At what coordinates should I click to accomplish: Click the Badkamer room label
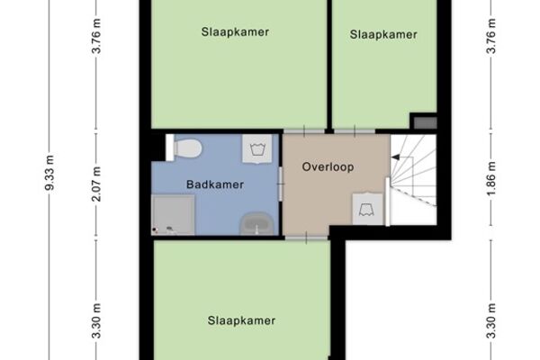(215, 184)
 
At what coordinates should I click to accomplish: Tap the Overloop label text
(328, 167)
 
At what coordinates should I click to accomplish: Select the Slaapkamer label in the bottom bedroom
(241, 320)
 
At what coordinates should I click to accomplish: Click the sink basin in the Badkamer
(256, 224)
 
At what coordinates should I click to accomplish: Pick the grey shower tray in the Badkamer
(173, 215)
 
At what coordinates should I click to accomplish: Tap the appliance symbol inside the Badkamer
(256, 148)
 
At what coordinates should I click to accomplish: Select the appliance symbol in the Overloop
(367, 209)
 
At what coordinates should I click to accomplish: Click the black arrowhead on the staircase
(396, 157)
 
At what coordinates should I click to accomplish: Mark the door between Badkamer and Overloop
(281, 184)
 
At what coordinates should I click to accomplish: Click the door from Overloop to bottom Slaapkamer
(306, 238)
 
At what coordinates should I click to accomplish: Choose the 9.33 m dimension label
(49, 173)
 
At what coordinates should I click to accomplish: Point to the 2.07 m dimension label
(97, 184)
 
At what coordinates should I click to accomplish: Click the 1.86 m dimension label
(491, 178)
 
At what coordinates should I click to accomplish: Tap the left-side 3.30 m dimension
(97, 320)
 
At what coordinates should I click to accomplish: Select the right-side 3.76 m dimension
(491, 36)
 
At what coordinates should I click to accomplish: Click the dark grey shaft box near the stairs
(426, 122)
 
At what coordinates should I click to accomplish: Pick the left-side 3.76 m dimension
(97, 36)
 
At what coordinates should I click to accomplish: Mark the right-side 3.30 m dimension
(491, 320)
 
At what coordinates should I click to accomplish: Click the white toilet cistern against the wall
(170, 148)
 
